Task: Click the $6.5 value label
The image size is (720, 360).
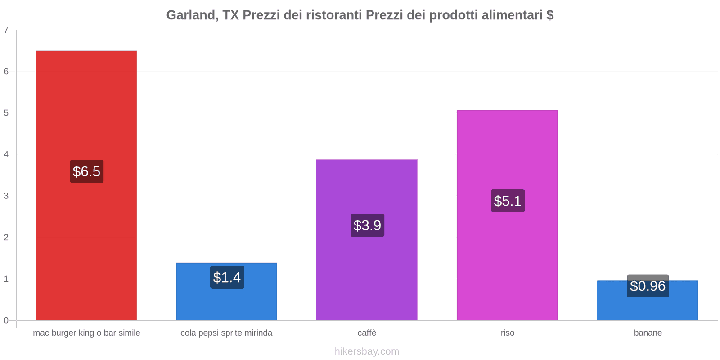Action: coord(86,171)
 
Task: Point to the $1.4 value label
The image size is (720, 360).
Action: coord(227,277)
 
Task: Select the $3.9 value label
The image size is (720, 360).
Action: coord(367,225)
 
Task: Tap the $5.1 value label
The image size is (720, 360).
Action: coord(508,201)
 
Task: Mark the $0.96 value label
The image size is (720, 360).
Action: coord(648,286)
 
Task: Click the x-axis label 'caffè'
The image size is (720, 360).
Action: coord(367,333)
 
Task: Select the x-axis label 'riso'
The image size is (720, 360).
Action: coord(507,333)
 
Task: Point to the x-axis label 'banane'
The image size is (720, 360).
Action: coord(648,333)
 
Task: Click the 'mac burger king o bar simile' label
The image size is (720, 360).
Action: coord(86,333)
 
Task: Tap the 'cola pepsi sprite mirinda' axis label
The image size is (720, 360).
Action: coord(226,333)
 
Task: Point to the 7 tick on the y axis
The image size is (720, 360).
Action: coord(6,30)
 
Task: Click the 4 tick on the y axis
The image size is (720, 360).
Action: coord(6,154)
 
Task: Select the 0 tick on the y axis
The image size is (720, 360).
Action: coord(6,320)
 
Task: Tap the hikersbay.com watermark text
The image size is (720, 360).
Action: coord(367,351)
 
